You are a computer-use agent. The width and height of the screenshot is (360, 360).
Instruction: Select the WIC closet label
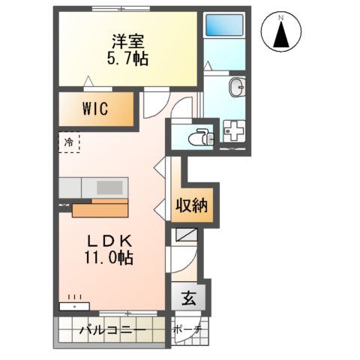point(95,109)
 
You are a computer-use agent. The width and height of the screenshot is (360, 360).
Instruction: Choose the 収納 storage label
point(192,205)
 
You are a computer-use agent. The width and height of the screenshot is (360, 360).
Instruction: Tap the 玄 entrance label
point(188,297)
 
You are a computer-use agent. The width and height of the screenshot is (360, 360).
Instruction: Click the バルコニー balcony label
point(112,328)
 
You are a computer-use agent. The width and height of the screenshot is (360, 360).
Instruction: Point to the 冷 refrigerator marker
point(69,141)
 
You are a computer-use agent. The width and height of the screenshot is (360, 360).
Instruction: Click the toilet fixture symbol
point(199,136)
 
